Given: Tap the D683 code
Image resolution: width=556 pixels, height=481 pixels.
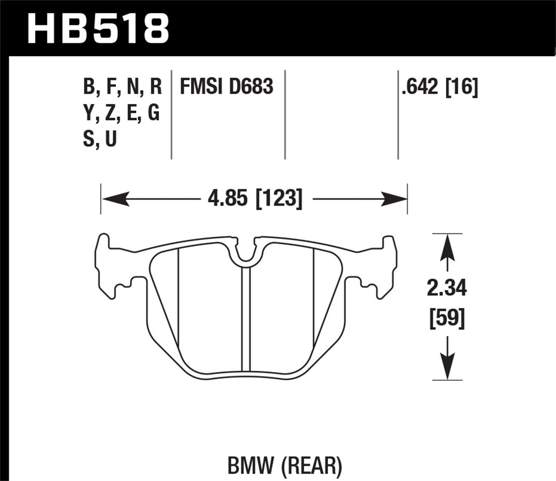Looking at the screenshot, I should click(251, 86).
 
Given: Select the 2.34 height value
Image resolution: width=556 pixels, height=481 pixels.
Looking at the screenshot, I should click(447, 288).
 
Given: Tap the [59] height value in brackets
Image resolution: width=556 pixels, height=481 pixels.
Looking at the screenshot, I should click(447, 318).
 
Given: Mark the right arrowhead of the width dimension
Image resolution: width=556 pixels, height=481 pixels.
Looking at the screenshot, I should click(394, 199).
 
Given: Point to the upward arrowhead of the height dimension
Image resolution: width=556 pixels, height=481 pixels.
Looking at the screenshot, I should click(447, 248).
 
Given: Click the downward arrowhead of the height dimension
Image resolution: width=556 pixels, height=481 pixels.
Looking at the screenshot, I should click(447, 366).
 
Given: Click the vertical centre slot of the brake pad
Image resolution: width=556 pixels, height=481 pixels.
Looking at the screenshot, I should click(246, 319).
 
